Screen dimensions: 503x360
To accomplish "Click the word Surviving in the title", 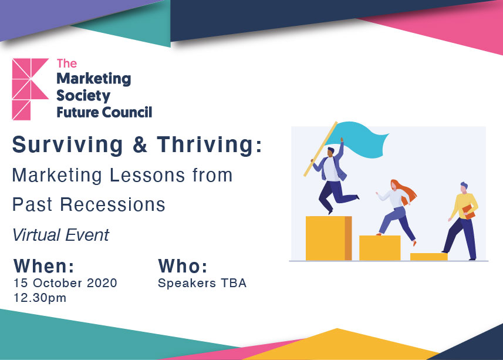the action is pos(67,145).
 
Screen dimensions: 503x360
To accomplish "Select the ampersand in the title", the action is pos(140,144).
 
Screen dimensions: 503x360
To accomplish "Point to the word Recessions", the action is pos(113,204).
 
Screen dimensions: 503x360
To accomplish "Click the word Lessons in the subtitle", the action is pos(147,175).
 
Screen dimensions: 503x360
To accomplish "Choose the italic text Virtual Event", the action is pos(61,235).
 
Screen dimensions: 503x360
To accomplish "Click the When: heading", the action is pos(44,266).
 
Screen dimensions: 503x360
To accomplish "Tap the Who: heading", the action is pos(183,266).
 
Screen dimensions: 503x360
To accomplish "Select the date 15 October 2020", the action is pos(65,283).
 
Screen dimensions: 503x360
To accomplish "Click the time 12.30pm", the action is pos(40,298).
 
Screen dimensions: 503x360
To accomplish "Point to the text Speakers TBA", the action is pos(202,283).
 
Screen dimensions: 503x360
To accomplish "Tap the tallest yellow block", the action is pos(329,238).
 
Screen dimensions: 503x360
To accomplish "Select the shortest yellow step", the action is pos(429,257).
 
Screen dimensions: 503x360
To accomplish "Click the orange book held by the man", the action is pos(468,212).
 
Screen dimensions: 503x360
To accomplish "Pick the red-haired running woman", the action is pos(397,211).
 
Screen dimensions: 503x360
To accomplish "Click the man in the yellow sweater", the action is pos(462,221).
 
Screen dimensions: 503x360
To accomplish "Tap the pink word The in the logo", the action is pos(67,63).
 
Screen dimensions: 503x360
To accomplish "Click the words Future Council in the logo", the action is pos(104,112).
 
